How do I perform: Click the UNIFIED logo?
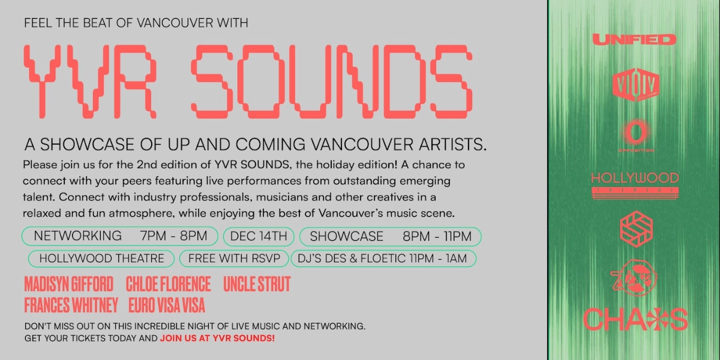click(x=634, y=40)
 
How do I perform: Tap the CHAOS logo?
click(x=635, y=319)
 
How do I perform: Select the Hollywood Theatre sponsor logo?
click(x=635, y=185)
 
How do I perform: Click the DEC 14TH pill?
click(x=259, y=236)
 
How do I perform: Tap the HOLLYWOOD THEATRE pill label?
click(x=101, y=259)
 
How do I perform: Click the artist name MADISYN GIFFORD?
click(x=68, y=284)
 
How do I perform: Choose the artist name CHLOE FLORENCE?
click(x=168, y=284)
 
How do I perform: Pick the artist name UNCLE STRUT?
click(x=257, y=284)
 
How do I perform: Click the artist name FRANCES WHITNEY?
click(x=71, y=305)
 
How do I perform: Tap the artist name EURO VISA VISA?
click(x=167, y=305)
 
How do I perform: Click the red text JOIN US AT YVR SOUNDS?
click(x=217, y=338)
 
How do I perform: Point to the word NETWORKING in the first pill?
click(x=77, y=236)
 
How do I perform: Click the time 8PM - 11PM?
click(x=437, y=236)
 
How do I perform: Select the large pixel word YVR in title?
click(x=90, y=81)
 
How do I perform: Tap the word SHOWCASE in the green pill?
click(x=347, y=236)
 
